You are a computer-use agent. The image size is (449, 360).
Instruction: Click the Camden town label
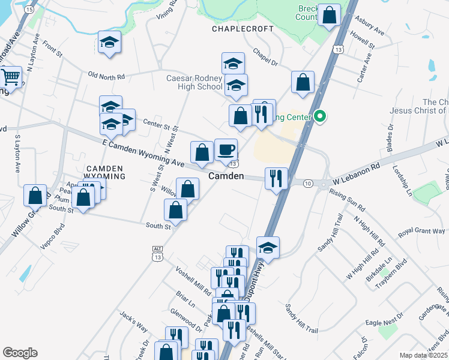coord(226,176)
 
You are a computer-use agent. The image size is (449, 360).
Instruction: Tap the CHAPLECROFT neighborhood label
coord(238,29)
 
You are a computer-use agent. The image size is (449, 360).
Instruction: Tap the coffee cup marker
coord(226,150)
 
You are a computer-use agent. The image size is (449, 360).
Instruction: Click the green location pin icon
coord(321,116)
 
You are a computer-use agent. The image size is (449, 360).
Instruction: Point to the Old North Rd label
coord(106,76)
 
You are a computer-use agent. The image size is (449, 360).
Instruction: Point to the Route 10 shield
coord(308,182)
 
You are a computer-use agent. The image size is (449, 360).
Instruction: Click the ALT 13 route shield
coord(158,253)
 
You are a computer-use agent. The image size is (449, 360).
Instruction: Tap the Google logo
coord(20,353)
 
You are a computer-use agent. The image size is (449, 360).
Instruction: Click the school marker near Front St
coord(109,43)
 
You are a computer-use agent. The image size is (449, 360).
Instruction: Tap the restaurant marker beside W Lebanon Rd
coord(277,178)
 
